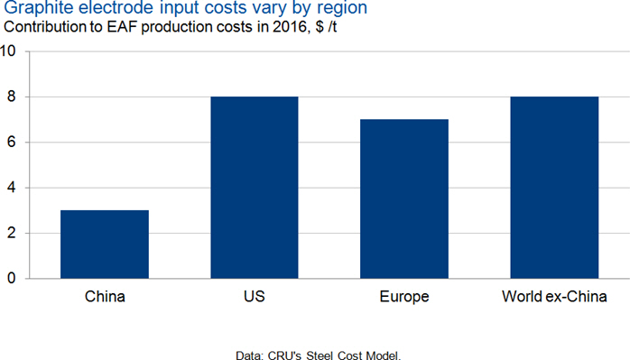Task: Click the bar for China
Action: [105, 245]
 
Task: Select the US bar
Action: [255, 188]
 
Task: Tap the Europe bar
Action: [404, 198]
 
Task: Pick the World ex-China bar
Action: [554, 188]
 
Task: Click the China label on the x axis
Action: [105, 297]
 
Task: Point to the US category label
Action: [255, 297]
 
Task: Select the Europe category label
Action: [404, 297]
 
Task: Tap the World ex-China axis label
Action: [554, 297]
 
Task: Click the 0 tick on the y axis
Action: [11, 278]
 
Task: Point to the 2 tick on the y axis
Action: [11, 233]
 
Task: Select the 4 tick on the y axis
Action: [11, 188]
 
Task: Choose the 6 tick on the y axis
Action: [11, 142]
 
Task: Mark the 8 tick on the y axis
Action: [11, 97]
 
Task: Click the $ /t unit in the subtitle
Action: [326, 27]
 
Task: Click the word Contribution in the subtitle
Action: [53, 27]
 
